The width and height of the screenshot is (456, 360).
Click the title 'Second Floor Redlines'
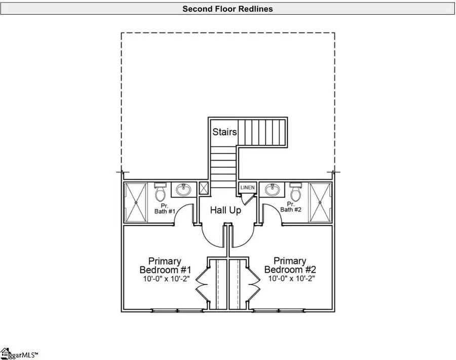tap(227, 9)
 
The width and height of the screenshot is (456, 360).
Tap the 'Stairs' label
tap(224, 132)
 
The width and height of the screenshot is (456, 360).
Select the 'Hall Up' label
tap(225, 210)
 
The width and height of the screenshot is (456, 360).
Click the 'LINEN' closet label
tap(247, 188)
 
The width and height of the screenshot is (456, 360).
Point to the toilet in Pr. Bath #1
tap(160, 192)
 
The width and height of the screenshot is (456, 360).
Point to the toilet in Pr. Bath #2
tap(296, 192)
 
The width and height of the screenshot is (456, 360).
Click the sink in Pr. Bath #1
tap(184, 190)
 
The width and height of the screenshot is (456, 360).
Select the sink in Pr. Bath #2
tap(273, 190)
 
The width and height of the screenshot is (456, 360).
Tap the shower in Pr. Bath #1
tap(136, 202)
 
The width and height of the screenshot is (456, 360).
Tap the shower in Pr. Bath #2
tap(320, 202)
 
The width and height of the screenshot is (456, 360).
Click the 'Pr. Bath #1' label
tap(165, 209)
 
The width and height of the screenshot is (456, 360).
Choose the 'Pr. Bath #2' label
tap(291, 207)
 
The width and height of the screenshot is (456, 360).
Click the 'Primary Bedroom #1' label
tap(165, 265)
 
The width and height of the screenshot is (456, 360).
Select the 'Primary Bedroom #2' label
tap(290, 265)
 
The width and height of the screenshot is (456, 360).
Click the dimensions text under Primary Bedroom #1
tap(166, 279)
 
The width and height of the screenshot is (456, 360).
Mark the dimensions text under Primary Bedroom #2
tap(291, 278)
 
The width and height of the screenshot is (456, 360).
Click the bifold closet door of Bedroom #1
tap(202, 285)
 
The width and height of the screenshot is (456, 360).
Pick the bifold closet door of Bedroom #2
tap(254, 285)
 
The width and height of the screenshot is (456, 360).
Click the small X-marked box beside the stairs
tap(204, 188)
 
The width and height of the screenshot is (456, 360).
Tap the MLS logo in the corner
tap(19, 354)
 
